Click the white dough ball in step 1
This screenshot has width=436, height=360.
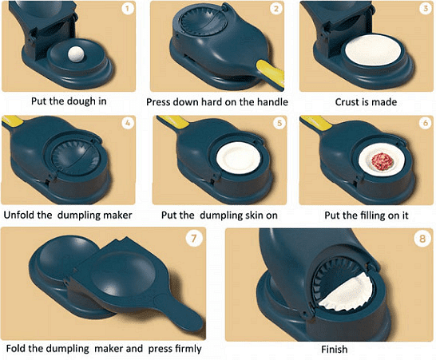[x=77, y=54]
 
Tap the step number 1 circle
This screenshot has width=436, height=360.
[x=127, y=9]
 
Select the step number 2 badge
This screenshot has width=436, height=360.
[x=275, y=9]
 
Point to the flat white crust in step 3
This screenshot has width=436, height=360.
[x=373, y=51]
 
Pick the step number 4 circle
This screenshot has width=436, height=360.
[x=128, y=123]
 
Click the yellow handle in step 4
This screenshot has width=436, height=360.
[x=13, y=121]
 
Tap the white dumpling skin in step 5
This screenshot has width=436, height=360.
[x=238, y=160]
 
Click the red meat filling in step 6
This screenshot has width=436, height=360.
[x=381, y=161]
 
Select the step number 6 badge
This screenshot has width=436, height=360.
[x=425, y=123]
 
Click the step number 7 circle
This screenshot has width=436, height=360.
[x=193, y=239]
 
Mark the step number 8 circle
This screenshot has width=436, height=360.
[x=422, y=239]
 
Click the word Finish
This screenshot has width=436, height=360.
[x=335, y=349]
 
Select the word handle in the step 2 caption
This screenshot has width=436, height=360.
[x=272, y=102]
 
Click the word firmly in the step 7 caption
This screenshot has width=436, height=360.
[x=188, y=349]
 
